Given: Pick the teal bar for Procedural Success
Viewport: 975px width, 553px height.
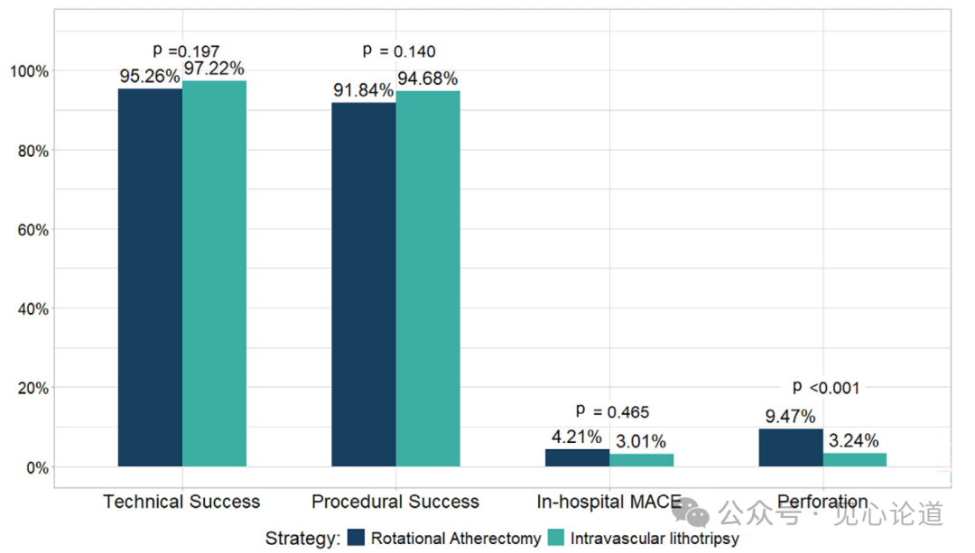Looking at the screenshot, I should click(x=428, y=279).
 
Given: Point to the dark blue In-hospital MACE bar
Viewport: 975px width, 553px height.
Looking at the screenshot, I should click(x=577, y=457).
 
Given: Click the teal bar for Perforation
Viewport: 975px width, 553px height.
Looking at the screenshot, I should click(x=855, y=460).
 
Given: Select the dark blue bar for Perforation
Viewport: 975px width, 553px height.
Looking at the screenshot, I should click(x=791, y=447).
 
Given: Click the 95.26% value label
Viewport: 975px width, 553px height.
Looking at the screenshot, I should click(x=150, y=77).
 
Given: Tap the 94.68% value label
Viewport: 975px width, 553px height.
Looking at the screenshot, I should click(x=428, y=78).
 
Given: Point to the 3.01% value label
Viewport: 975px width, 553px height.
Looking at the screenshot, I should click(x=641, y=441).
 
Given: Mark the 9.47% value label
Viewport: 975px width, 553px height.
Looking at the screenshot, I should click(x=791, y=417).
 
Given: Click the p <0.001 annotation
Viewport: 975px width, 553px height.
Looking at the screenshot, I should click(x=826, y=388).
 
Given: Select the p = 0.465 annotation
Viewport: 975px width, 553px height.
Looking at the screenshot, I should click(x=612, y=412).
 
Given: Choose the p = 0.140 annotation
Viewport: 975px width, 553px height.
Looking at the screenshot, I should click(x=398, y=51).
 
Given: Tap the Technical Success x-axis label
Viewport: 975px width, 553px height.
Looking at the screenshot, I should click(x=181, y=502).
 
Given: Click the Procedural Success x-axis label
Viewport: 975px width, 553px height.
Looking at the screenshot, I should click(x=395, y=502).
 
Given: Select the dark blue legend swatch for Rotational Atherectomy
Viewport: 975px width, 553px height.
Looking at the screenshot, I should click(x=356, y=539).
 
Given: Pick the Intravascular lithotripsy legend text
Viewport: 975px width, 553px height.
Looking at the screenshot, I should click(x=655, y=539).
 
